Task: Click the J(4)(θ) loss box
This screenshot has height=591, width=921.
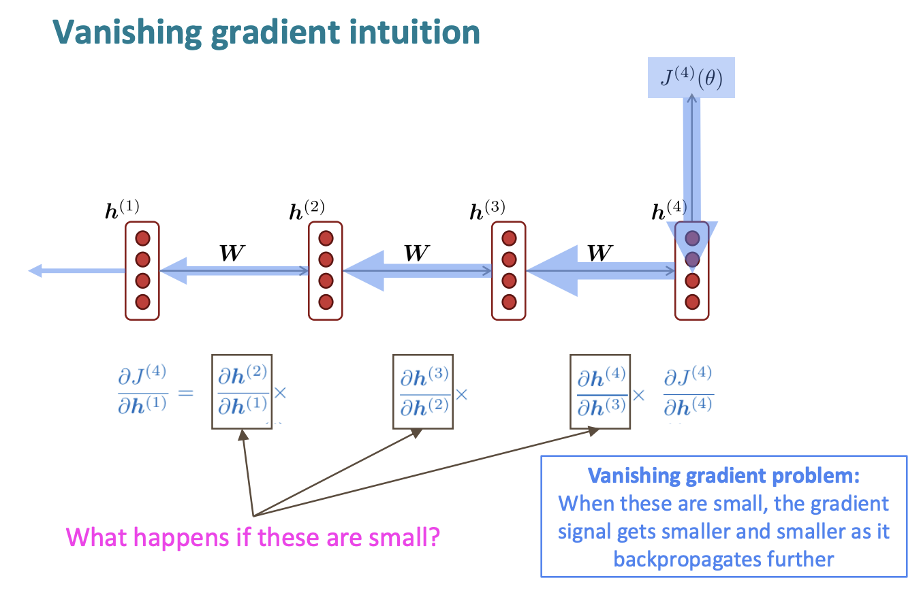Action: click(691, 77)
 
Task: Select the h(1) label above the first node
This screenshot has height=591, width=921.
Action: click(122, 209)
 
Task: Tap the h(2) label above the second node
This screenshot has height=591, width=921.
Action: click(307, 209)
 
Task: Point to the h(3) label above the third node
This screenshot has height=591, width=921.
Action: click(488, 209)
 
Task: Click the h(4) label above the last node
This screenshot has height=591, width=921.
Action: click(669, 209)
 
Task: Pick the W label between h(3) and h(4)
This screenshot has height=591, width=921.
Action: click(599, 253)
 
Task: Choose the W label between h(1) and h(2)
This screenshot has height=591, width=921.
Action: click(232, 253)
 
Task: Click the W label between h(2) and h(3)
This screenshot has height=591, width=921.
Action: click(416, 253)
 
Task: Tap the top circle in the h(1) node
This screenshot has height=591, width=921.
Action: click(142, 239)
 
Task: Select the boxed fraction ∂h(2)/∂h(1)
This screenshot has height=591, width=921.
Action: click(242, 392)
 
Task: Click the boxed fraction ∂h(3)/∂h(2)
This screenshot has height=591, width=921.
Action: click(423, 392)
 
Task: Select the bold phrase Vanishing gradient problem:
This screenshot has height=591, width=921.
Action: click(724, 475)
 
